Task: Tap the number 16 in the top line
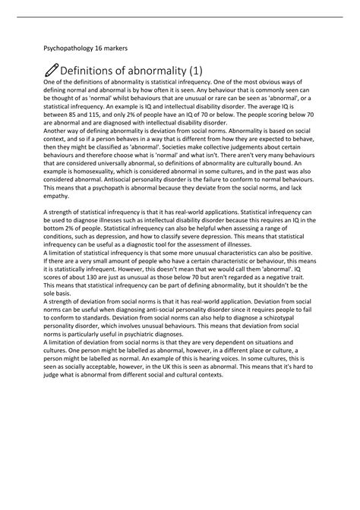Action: tap(104, 48)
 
